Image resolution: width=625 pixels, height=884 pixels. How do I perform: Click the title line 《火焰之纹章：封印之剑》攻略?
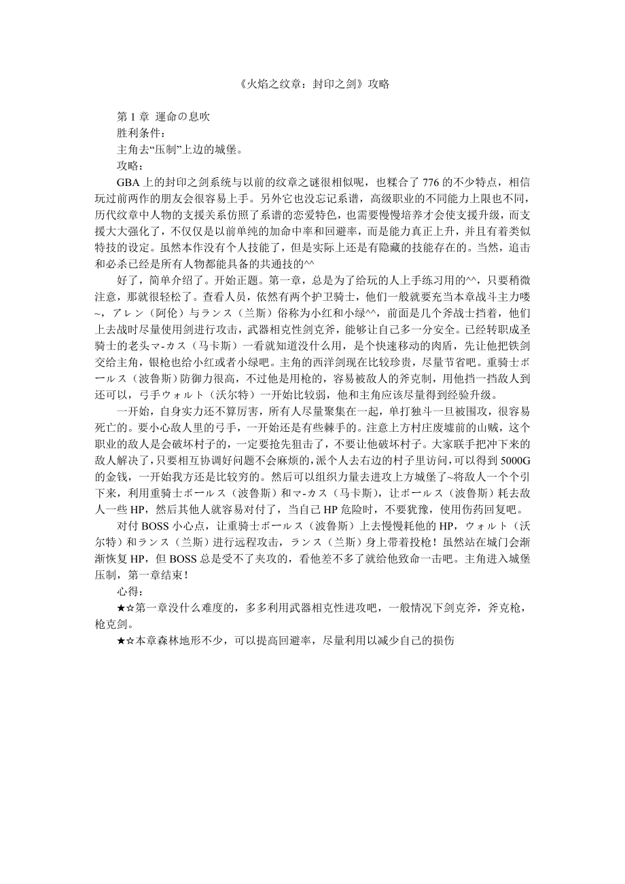point(312,85)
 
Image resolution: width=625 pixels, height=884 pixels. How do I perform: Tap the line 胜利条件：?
point(141,132)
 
